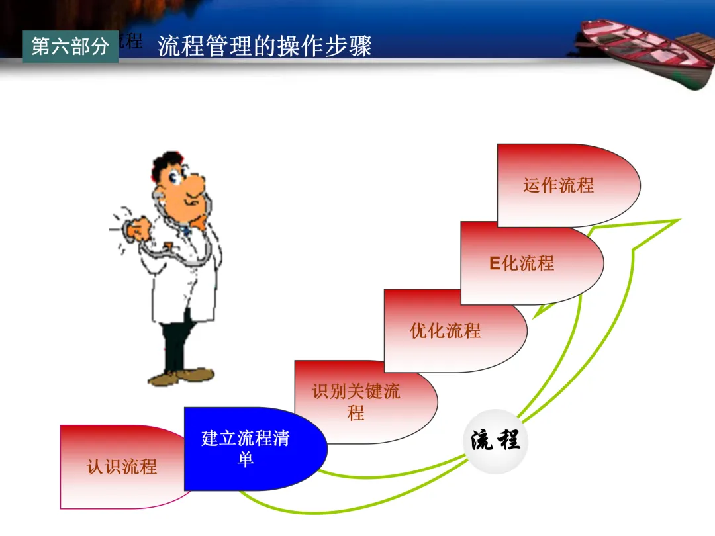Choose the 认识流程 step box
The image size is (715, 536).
pyautogui.click(x=121, y=467)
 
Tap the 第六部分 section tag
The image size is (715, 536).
pyautogui.click(x=70, y=46)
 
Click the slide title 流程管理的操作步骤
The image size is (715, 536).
pyautogui.click(x=265, y=46)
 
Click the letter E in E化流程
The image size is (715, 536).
pyautogui.click(x=494, y=263)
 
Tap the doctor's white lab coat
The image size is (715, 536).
pyautogui.click(x=179, y=285)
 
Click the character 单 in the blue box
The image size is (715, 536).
pyautogui.click(x=246, y=459)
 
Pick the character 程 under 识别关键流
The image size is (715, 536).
pyautogui.click(x=356, y=414)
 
